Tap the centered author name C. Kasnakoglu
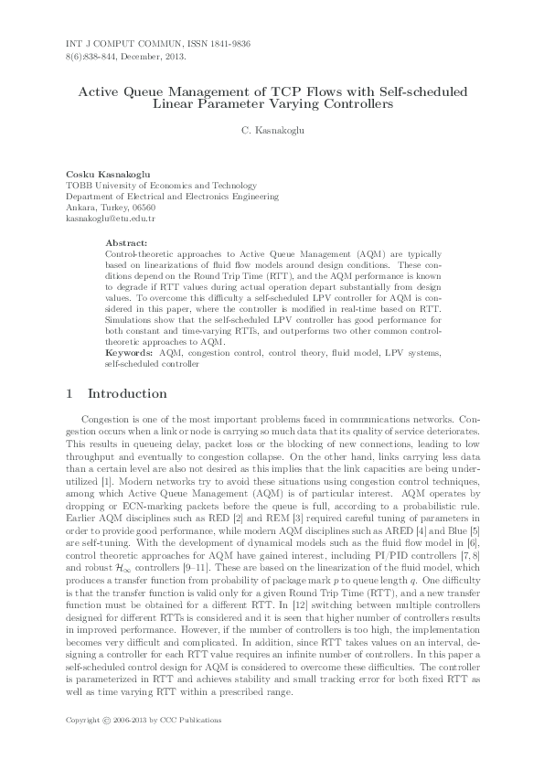pyautogui.click(x=272, y=132)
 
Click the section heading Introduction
pyautogui.click(x=127, y=394)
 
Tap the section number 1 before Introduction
pyautogui.click(x=71, y=394)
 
